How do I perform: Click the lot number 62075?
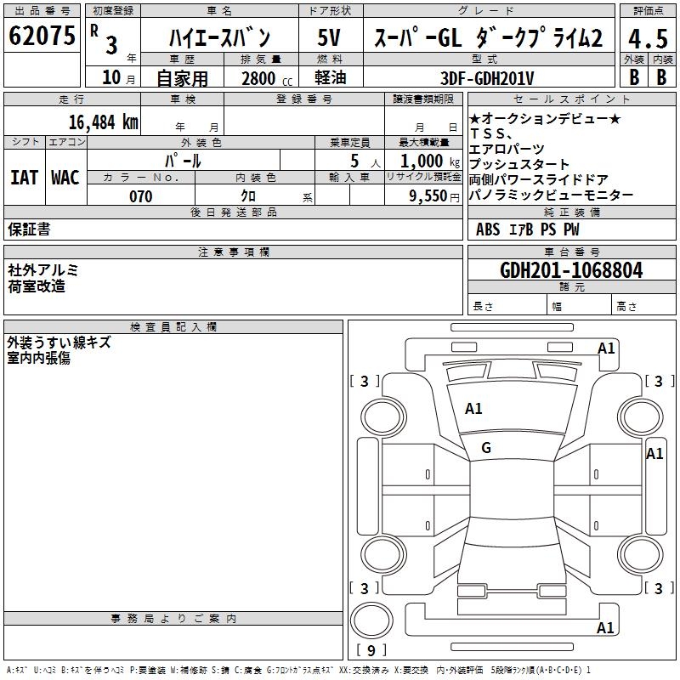coord(42,37)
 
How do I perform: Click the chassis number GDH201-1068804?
coord(571,270)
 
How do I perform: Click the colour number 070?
coord(140,196)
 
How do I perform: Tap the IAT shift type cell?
coord(24,178)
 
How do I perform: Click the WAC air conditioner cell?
coord(65,178)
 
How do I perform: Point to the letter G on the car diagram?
coord(486,447)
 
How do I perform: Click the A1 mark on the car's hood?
coord(473,408)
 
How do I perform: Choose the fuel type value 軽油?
coord(330,78)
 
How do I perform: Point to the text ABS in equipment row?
coord(489,229)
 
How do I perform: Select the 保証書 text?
coord(29,229)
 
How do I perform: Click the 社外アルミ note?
coord(43,269)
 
